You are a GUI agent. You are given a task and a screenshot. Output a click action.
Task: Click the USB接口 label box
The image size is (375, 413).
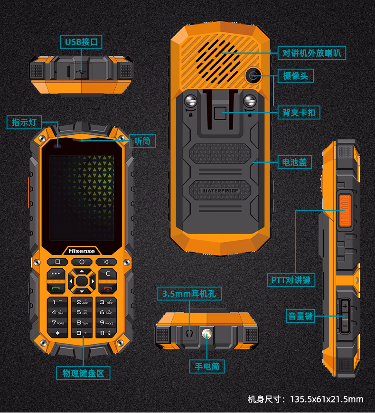(81, 42)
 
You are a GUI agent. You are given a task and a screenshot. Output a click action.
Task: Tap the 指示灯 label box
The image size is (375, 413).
(24, 122)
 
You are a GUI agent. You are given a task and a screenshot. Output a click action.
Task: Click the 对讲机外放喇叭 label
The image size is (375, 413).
(312, 52)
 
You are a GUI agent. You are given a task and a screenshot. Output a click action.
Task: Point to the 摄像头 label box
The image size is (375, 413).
(295, 75)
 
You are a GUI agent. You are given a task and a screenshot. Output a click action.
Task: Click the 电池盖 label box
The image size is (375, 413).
(294, 162)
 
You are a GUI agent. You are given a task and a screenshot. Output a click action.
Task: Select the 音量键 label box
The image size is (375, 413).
(300, 316)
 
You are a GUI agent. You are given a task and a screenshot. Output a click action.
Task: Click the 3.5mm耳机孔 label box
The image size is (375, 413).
(189, 294)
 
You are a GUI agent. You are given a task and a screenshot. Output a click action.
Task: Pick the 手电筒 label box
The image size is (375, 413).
(206, 366)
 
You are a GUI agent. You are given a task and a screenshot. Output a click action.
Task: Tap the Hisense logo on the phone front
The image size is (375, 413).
(82, 251)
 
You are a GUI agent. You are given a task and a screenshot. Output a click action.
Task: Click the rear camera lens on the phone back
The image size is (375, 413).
(253, 75)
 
